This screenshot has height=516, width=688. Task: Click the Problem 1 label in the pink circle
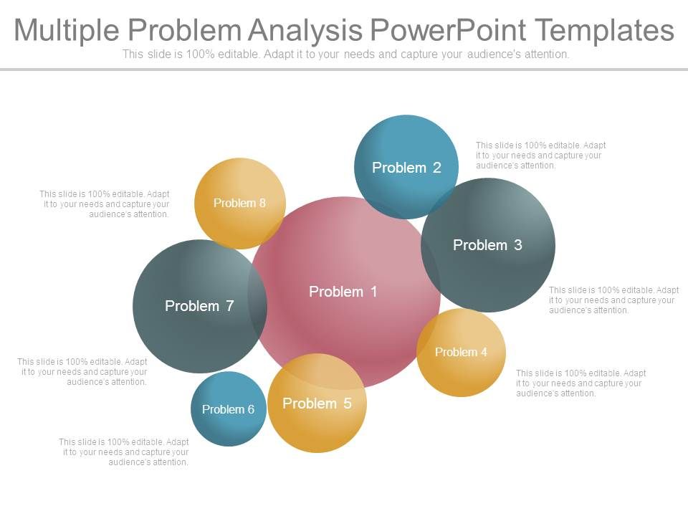(343, 292)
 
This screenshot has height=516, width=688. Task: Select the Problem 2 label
(406, 168)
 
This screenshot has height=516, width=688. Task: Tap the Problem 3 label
(487, 245)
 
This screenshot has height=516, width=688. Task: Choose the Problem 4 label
(461, 352)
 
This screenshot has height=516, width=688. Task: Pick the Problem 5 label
(317, 403)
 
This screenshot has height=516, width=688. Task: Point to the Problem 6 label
(228, 410)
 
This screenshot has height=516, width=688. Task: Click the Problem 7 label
(199, 306)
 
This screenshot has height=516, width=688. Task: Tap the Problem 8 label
(239, 203)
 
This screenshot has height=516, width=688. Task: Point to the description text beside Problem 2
(540, 156)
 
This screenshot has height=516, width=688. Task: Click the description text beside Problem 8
(105, 204)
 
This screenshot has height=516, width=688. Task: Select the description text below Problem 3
(613, 300)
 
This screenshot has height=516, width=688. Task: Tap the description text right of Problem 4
(580, 383)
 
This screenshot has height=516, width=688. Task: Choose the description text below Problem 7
(82, 372)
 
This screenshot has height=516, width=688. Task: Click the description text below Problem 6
(124, 452)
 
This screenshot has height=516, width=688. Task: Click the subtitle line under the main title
(345, 54)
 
